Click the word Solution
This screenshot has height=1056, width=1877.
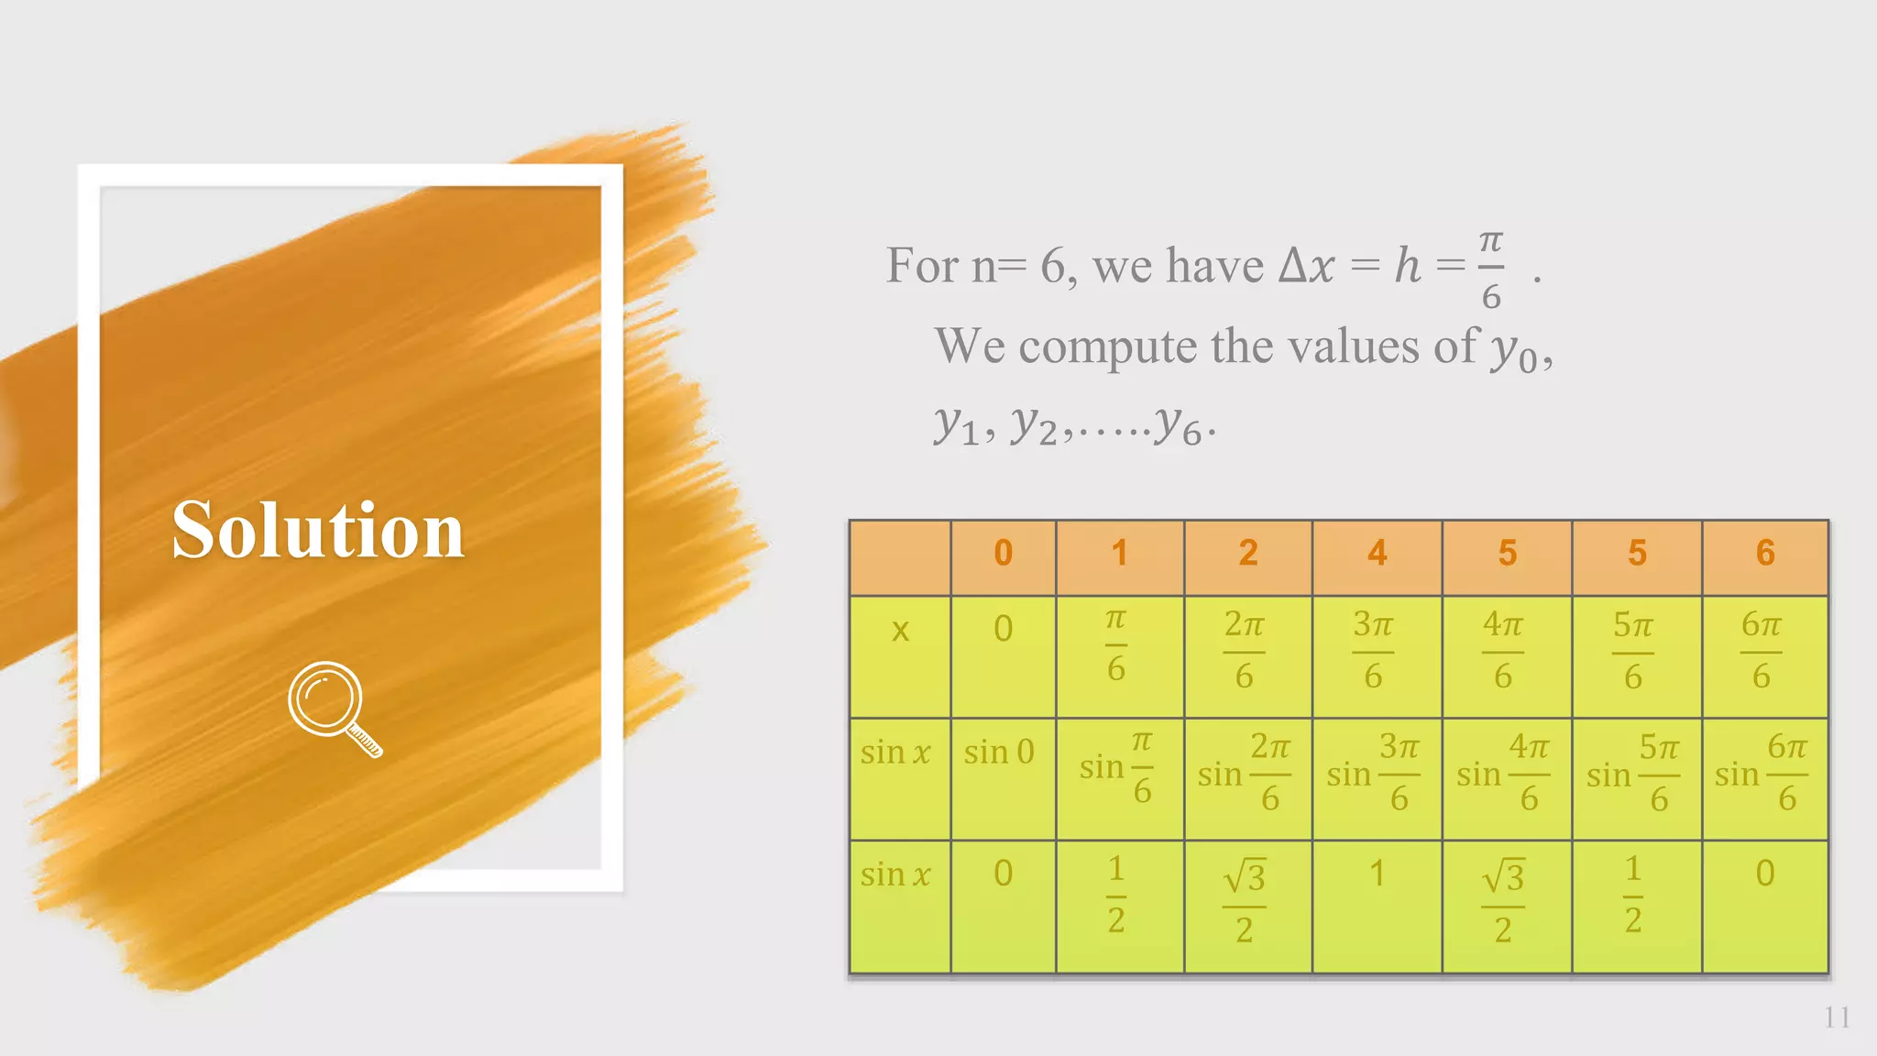point(318,531)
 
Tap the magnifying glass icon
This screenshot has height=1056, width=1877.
point(332,707)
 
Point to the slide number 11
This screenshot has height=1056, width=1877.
point(1837,1017)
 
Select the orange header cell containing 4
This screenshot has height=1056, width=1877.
point(1377,554)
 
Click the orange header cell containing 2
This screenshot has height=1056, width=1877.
point(1247,554)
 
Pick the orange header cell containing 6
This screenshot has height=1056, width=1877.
point(1765,554)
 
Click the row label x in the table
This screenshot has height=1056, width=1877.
point(900,631)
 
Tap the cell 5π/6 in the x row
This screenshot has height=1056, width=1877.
point(1633,650)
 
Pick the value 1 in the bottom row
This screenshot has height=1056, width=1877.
point(1377,874)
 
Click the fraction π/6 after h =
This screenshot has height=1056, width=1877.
point(1491,269)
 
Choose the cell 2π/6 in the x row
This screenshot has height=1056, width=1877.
point(1244,650)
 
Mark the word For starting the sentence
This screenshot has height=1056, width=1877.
point(922,267)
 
